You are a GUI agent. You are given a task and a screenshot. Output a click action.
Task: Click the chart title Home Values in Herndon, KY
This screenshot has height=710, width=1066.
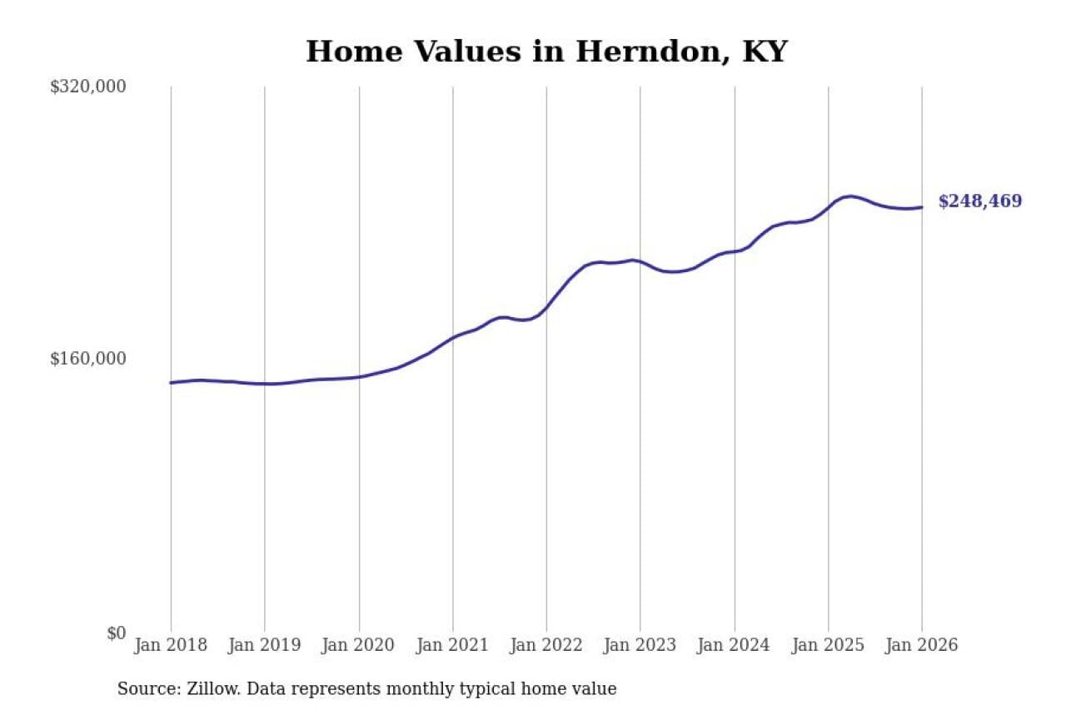coord(546,52)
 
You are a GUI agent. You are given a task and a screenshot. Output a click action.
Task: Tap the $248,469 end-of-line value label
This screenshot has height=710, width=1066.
coord(979,201)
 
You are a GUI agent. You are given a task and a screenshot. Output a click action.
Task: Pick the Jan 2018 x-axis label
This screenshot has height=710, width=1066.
coord(171,645)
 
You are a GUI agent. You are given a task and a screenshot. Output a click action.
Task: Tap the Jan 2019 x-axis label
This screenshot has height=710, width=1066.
coord(265,645)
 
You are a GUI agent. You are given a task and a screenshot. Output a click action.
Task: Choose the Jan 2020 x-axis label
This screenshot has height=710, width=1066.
coord(359,645)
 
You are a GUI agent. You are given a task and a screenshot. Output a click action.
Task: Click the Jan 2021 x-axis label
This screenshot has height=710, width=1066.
coord(453,645)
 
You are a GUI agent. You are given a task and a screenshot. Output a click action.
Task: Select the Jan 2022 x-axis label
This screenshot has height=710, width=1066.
coord(546,645)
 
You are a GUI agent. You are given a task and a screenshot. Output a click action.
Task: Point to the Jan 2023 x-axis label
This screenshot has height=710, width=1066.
coord(640,645)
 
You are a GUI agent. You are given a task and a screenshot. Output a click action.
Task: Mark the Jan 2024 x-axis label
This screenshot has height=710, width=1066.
coord(735,645)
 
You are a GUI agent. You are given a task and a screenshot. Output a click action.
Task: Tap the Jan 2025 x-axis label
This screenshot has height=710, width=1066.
coord(829,645)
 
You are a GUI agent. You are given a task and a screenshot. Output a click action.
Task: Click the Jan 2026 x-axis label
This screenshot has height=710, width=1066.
coord(922,645)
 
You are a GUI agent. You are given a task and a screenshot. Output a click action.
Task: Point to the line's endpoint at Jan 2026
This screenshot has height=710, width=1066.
coord(922,207)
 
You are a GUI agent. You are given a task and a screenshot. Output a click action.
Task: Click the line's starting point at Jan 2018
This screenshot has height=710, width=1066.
coord(171,383)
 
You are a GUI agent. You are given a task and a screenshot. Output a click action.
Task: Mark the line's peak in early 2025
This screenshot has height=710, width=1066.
coord(849,196)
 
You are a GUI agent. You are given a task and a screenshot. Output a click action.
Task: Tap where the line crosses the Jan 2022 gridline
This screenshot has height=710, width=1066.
coord(546,308)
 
